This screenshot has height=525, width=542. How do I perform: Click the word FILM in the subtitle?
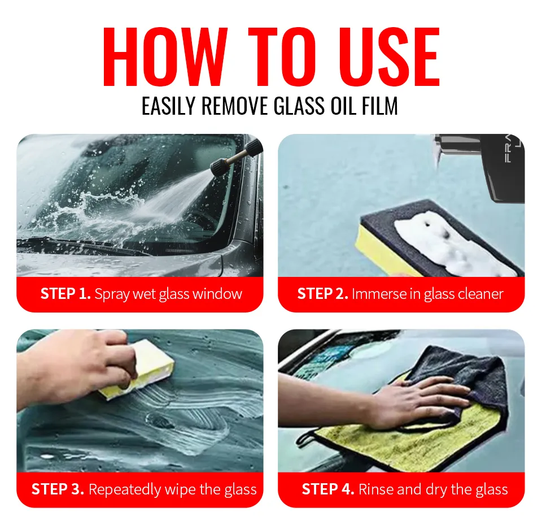coord(379,106)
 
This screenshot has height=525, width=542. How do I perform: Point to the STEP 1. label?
coord(65,294)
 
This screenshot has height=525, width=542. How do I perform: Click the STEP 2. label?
coord(322,294)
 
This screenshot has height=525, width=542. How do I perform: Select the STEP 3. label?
coord(58,489)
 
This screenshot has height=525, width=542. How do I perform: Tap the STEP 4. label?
coord(328,489)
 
